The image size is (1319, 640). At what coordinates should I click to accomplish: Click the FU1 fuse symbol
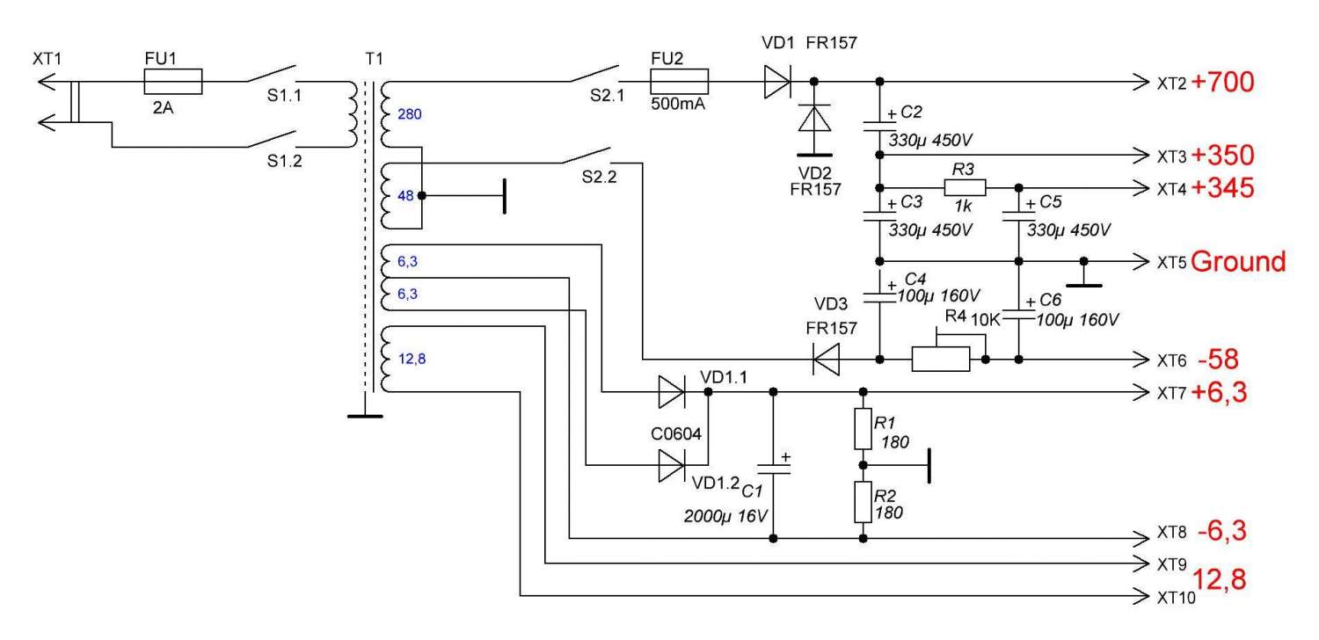point(173,82)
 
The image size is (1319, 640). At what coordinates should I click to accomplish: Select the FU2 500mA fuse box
point(679,83)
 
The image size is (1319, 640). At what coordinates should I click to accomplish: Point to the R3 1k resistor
point(965,187)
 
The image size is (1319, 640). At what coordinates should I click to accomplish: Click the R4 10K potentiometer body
point(940,359)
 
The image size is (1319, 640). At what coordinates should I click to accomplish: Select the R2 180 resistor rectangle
point(863,502)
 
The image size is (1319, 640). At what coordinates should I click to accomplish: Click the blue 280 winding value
point(410,113)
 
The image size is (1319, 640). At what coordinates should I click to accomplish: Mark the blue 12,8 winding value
point(413,359)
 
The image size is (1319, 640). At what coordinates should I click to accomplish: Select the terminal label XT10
point(1173,598)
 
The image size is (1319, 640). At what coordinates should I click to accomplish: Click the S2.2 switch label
point(600,177)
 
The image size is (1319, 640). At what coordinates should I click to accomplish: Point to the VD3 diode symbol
point(826,359)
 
